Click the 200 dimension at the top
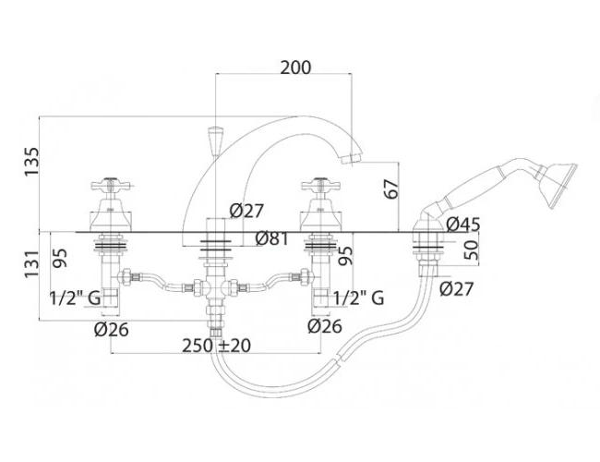coord(295,67)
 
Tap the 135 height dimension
coord(31,162)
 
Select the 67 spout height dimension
coord(391,188)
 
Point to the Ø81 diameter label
coord(271,239)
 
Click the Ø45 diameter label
coord(463,225)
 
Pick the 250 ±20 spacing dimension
coord(217,346)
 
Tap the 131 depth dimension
coord(31,264)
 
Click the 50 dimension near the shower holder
coord(472,249)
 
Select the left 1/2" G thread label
coord(75,298)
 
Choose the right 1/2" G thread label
coord(358,298)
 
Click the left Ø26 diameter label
coord(112,330)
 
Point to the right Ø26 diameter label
coord(325,326)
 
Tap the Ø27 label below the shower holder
coord(457,289)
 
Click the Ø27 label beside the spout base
coord(246,211)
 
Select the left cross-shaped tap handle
coord(111,185)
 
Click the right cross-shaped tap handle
coord(320,185)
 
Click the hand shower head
coord(558,185)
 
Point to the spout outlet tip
coord(352,158)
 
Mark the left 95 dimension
coord(60,258)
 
